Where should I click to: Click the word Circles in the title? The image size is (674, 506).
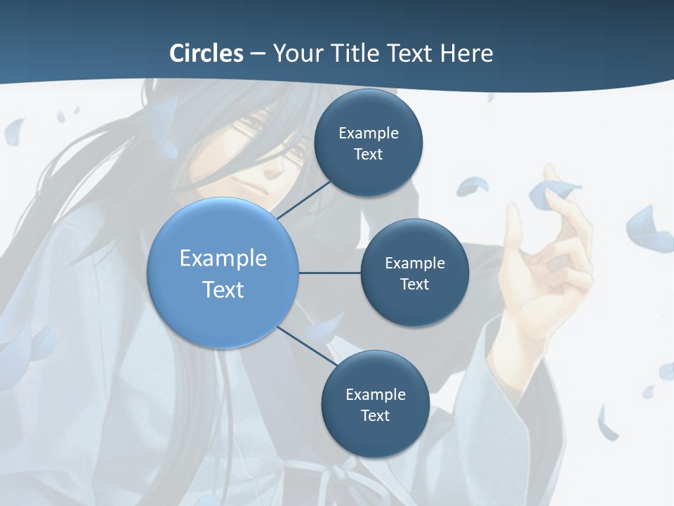click(x=206, y=53)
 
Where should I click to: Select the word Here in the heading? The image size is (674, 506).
click(x=466, y=53)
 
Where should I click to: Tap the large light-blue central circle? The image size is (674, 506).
click(x=223, y=273)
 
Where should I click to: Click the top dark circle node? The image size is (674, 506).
click(x=369, y=143)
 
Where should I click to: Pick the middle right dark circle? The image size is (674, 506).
click(x=415, y=273)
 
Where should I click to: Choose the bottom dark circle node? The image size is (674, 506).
click(x=376, y=404)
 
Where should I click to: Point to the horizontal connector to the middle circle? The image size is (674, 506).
click(x=330, y=273)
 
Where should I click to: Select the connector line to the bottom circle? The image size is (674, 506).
click(x=307, y=346)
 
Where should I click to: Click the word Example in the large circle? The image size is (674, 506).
click(x=223, y=258)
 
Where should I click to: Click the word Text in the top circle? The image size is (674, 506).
click(x=369, y=154)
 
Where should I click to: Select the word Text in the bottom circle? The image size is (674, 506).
click(x=376, y=415)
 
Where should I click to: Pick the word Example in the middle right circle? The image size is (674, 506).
click(x=415, y=263)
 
